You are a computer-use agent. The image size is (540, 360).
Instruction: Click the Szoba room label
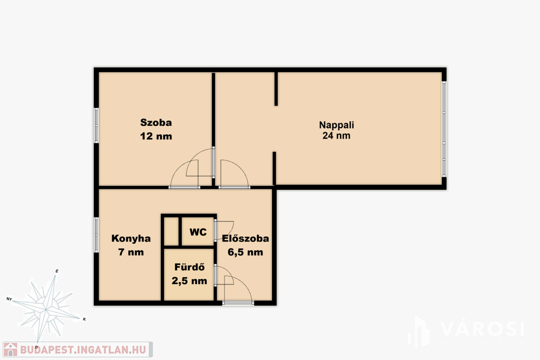point(156,122)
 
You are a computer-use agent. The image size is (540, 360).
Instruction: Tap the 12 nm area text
point(156,136)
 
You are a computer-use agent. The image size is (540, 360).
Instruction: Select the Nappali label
point(336,125)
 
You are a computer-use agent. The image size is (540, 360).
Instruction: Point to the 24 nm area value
point(336,135)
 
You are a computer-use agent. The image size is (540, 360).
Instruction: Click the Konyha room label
point(131,239)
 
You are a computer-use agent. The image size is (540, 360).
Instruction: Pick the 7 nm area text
point(131,252)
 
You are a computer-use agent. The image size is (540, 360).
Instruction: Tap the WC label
point(198,232)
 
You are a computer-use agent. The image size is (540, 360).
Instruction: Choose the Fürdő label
point(189,267)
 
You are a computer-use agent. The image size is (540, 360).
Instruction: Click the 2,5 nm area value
point(189,281)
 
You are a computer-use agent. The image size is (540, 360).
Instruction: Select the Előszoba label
point(245,238)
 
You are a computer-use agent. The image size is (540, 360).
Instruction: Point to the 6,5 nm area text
point(245,252)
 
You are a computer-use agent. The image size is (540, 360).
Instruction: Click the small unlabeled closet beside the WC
point(171,231)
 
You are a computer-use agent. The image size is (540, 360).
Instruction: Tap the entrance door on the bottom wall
point(238,303)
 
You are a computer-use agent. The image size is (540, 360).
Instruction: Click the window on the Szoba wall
point(97,125)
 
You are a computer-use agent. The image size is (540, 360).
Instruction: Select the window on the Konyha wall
point(97,235)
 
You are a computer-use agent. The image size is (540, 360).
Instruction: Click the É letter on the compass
point(57,271)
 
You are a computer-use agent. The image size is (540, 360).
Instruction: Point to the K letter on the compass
point(84,319)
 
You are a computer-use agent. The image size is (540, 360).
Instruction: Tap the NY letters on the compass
point(9,299)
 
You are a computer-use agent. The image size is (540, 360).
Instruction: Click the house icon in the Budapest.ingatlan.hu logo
point(11,349)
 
